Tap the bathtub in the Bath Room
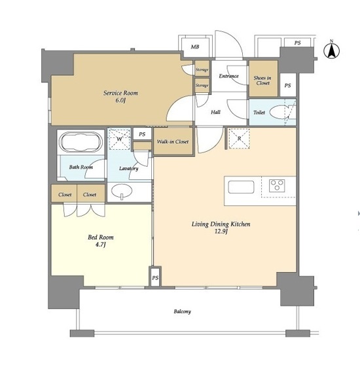[81, 142]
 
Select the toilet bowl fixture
[280, 112]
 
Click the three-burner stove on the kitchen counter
[277, 186]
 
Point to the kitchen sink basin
[241, 187]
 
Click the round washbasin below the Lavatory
[122, 191]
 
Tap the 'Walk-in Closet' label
[173, 141]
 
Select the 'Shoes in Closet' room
[263, 79]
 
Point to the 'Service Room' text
[120, 93]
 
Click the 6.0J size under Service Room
[120, 101]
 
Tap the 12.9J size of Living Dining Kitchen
[221, 232]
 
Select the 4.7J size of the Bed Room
[101, 245]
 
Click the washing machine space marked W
[120, 139]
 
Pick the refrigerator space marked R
[239, 138]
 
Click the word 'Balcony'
[182, 311]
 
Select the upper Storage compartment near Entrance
[202, 68]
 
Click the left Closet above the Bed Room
[64, 194]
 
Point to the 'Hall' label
[215, 112]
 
